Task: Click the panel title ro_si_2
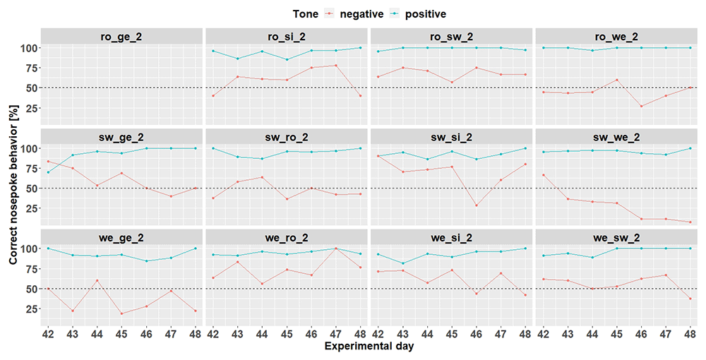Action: (x=287, y=37)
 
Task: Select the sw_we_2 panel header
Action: (x=616, y=137)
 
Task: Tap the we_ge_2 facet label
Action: (x=121, y=237)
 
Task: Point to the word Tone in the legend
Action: (x=305, y=14)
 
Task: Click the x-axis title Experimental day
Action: (x=369, y=346)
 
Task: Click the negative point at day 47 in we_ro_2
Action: (x=336, y=248)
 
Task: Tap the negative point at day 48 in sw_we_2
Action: (x=690, y=222)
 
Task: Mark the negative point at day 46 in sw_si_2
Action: (x=476, y=205)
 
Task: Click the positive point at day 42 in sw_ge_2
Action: (x=48, y=172)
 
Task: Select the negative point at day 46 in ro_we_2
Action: (x=641, y=106)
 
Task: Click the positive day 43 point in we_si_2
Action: (x=402, y=263)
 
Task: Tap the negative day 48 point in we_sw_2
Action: (x=690, y=299)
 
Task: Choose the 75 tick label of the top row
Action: (x=30, y=68)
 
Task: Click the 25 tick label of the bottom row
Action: (x=30, y=309)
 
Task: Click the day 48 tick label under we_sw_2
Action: (x=690, y=335)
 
